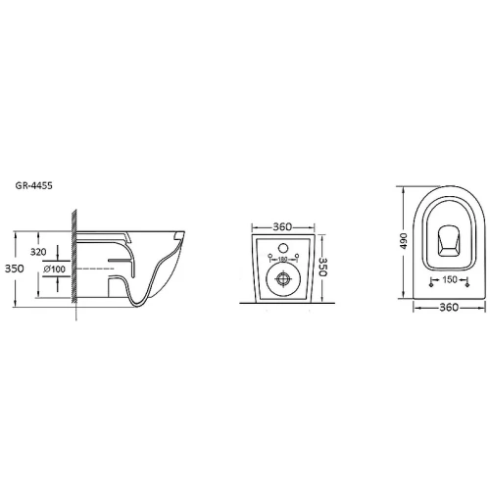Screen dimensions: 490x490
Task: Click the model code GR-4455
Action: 33,185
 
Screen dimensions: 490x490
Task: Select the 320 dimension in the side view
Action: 38,252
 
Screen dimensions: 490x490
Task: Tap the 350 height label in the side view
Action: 15,269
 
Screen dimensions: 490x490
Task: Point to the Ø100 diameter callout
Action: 55,269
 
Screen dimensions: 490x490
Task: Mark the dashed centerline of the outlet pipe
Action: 95,269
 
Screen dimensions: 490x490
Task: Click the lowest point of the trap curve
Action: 138,306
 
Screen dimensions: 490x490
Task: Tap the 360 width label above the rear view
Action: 282,226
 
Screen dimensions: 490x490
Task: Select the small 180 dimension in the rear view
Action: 283,259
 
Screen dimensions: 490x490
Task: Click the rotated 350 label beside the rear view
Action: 322,268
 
